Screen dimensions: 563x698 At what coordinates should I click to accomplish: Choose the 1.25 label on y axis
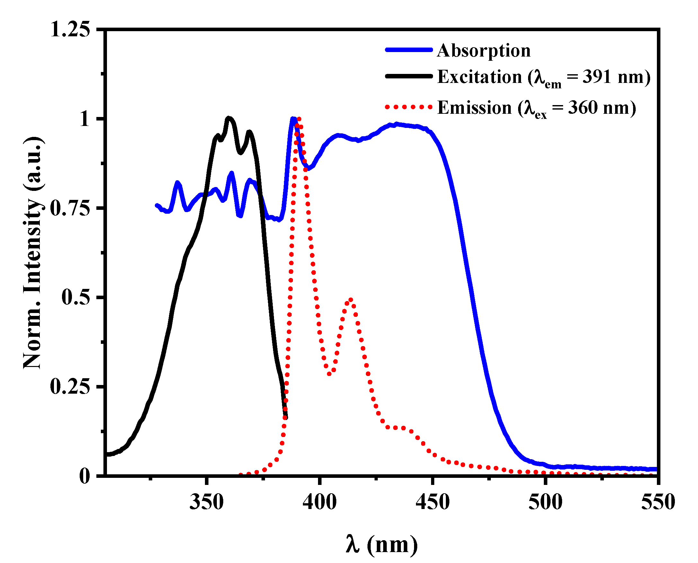(70, 30)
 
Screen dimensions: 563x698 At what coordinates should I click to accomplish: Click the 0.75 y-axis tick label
(70, 208)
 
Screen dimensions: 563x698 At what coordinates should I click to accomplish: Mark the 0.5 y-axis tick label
(75, 297)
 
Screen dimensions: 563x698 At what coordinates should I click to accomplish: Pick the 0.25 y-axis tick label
(70, 387)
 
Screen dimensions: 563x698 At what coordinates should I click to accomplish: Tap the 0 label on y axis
(84, 476)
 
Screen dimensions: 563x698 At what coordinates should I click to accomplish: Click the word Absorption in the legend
(484, 51)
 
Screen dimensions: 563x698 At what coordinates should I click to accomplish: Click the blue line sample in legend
(409, 49)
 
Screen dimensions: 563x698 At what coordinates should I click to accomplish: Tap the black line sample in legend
(409, 76)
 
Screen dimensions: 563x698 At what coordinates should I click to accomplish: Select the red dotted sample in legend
(409, 107)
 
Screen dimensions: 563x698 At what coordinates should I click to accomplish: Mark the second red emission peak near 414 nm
(351, 300)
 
